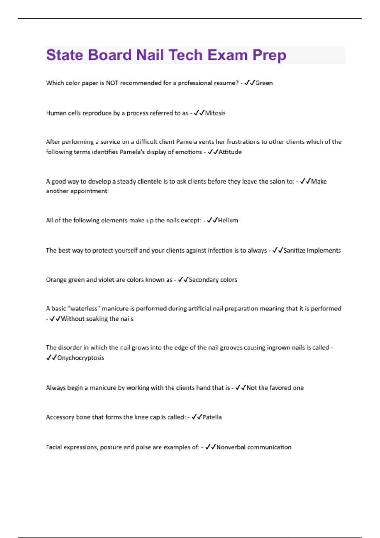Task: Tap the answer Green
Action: [264, 83]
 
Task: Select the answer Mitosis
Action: [215, 113]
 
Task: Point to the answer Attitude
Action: [230, 152]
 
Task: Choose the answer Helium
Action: [228, 220]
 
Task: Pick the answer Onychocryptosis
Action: [81, 358]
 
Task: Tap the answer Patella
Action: [212, 417]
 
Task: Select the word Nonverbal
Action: [231, 447]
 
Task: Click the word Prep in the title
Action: [269, 56]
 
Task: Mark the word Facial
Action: [54, 447]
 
